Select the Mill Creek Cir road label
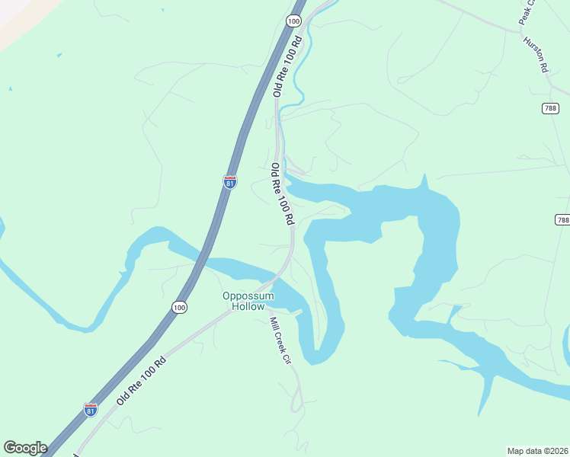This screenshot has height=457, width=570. (281, 340)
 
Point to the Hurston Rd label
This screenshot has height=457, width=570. (536, 55)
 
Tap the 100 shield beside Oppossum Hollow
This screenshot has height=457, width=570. (178, 307)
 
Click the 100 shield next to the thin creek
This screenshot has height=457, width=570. (295, 21)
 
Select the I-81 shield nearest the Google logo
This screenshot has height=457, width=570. (91, 410)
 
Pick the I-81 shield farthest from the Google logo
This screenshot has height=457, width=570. (230, 181)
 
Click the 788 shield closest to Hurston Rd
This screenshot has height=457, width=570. (551, 109)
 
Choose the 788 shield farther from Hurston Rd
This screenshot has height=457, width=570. (562, 219)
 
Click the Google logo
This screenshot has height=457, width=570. (25, 448)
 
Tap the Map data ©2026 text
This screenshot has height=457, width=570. (538, 450)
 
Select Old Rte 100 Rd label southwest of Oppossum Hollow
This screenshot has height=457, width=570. (141, 379)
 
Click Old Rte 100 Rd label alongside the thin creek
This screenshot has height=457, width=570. (287, 66)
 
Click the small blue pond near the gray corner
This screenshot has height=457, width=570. (59, 55)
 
